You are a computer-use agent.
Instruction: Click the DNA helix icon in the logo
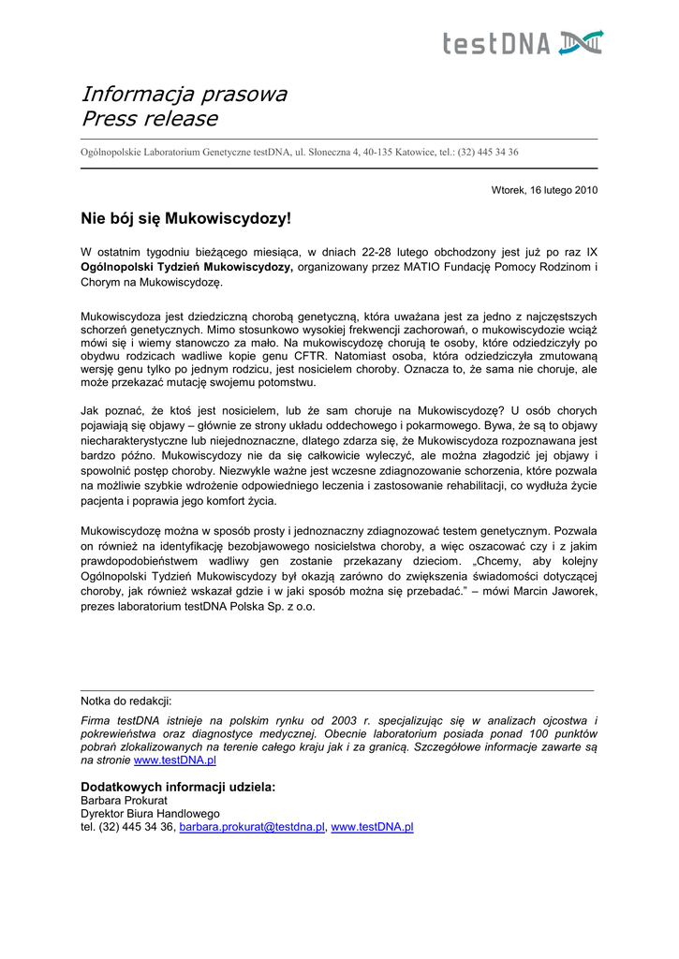click(582, 42)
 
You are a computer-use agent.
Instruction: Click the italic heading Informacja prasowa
click(184, 95)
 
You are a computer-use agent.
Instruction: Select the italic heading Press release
click(150, 119)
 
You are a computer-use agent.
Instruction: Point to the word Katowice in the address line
click(411, 152)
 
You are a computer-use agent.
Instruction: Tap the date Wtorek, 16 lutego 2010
click(544, 190)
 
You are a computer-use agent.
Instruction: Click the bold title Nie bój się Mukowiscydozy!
click(186, 219)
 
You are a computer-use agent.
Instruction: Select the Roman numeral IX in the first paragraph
click(592, 252)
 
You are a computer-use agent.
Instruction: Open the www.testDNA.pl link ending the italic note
click(175, 761)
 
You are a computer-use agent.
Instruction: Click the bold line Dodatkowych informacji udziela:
click(179, 787)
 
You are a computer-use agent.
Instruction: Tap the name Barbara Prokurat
click(124, 801)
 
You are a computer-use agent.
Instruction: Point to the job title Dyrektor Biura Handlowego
click(150, 814)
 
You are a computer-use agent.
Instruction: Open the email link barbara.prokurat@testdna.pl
click(252, 828)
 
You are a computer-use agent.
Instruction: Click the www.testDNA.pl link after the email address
click(372, 828)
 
